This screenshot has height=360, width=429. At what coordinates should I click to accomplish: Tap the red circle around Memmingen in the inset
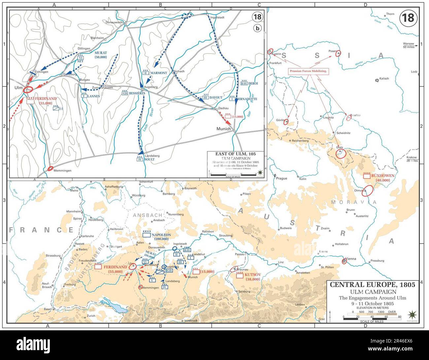tap(50, 168)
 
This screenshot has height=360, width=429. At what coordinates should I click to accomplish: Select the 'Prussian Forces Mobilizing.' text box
tap(308, 71)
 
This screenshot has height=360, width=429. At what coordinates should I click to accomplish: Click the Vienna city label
tap(351, 259)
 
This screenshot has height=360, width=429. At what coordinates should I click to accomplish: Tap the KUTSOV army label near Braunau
tap(252, 275)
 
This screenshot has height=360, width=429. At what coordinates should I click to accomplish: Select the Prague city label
tap(281, 178)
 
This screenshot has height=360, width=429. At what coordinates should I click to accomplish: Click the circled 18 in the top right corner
tap(408, 18)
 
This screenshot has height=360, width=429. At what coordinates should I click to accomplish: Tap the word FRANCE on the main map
tap(42, 230)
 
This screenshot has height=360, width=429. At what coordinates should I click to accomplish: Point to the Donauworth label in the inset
tap(114, 22)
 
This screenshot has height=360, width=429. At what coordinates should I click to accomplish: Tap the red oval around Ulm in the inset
tap(28, 89)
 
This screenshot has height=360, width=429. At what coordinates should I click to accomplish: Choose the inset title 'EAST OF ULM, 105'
tap(235, 154)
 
